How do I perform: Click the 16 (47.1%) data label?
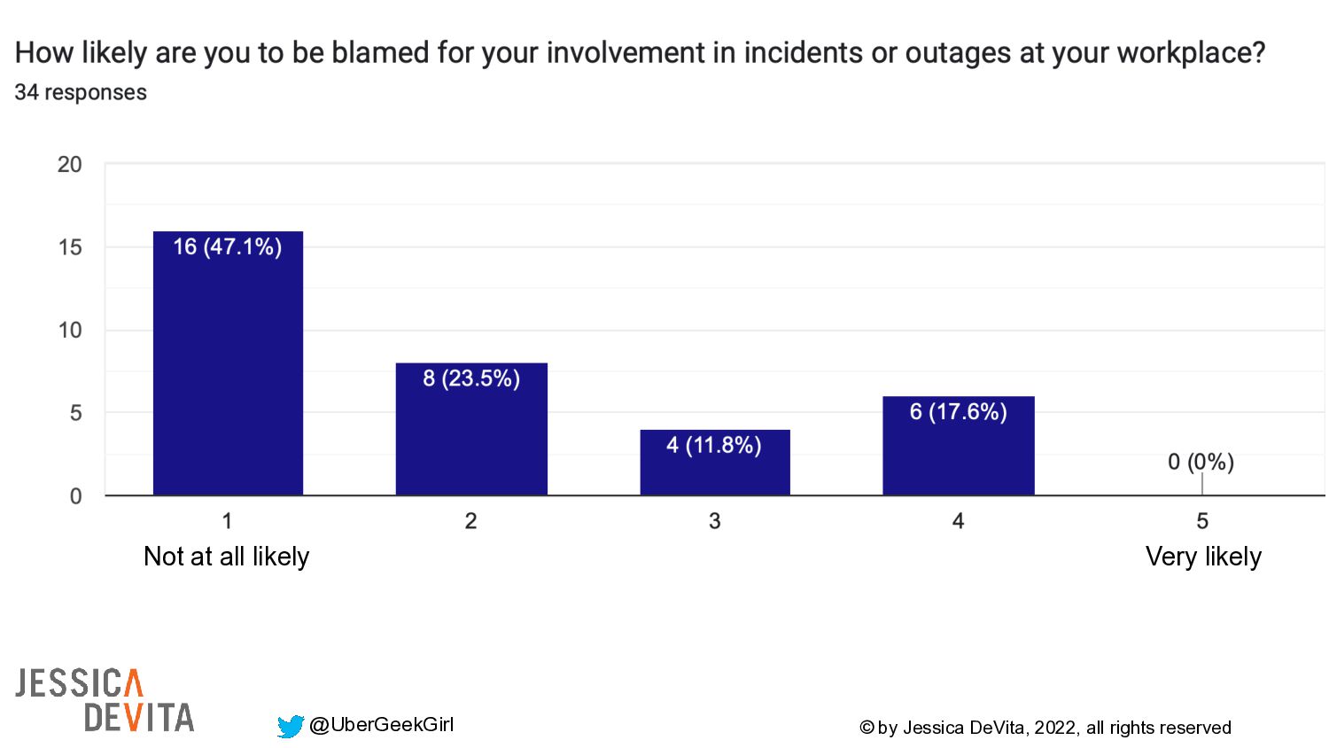click(x=228, y=246)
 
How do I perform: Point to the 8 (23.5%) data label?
click(x=471, y=378)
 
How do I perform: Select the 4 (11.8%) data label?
click(x=714, y=445)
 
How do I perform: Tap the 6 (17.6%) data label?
click(x=958, y=411)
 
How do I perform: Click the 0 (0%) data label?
click(x=1201, y=462)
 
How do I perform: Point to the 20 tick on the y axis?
click(x=69, y=165)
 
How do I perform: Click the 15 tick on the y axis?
click(x=69, y=247)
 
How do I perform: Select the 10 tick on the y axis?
click(x=69, y=331)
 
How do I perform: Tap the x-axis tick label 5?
click(x=1201, y=521)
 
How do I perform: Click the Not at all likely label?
click(x=227, y=557)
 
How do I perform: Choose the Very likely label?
click(x=1203, y=557)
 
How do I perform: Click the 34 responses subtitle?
click(x=81, y=92)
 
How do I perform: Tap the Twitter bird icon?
click(x=290, y=727)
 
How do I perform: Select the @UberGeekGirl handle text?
click(x=381, y=725)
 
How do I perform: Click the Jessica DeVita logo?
click(x=105, y=700)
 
